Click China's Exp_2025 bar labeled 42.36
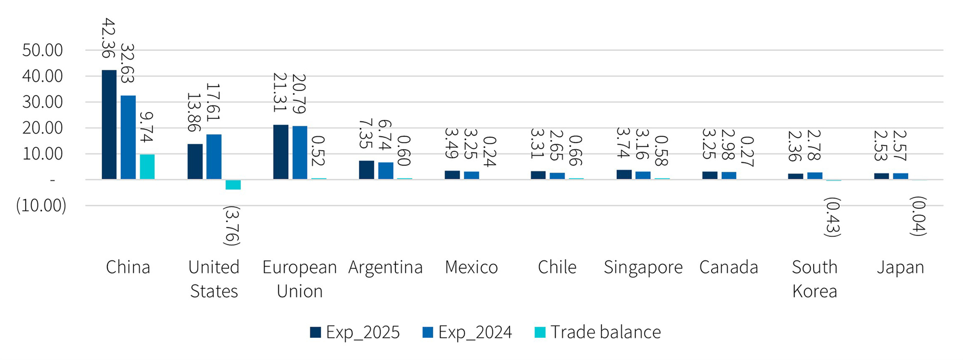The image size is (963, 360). click(x=109, y=125)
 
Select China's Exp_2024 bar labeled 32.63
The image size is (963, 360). click(x=128, y=138)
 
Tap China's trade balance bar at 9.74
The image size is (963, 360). click(x=147, y=167)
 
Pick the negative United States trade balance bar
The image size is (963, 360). click(x=233, y=185)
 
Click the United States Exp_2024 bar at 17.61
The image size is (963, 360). click(x=214, y=157)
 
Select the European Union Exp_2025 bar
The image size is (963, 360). click(x=281, y=152)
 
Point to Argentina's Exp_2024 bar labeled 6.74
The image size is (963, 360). click(x=386, y=171)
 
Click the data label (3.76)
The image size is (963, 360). click(x=232, y=226)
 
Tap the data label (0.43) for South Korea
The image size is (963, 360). click(x=833, y=217)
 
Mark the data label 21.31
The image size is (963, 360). click(x=280, y=92)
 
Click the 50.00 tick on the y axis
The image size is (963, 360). click(x=42, y=50)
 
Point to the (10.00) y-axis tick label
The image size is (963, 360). click(x=41, y=206)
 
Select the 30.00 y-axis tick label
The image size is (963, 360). click(x=42, y=102)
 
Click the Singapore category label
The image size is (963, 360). click(x=643, y=267)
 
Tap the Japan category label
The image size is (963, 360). click(x=900, y=267)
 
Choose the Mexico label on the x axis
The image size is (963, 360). click(x=471, y=267)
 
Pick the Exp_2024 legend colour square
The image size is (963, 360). click(x=428, y=332)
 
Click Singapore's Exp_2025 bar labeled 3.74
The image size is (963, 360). click(x=624, y=175)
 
